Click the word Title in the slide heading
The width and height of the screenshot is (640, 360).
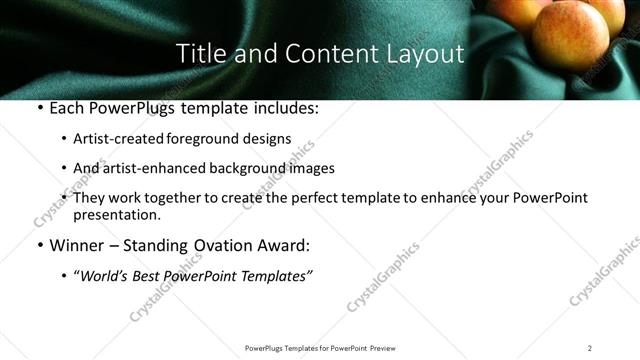click(198, 54)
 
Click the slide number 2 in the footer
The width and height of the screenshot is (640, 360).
click(589, 347)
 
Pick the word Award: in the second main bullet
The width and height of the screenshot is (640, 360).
click(283, 245)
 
